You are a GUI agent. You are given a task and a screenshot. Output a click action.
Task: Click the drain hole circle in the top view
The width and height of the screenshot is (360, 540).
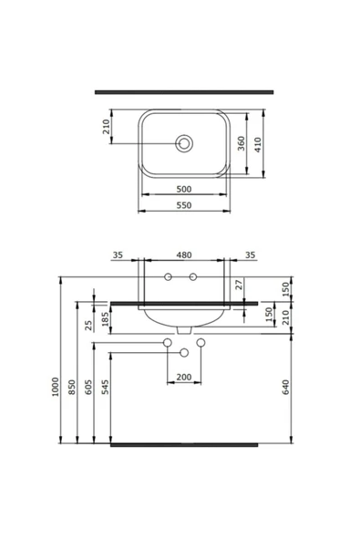(x=184, y=142)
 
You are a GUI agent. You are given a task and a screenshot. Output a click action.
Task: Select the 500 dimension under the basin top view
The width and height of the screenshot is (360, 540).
(x=184, y=190)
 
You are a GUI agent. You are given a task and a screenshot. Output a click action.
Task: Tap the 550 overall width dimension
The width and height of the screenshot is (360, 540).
(x=184, y=206)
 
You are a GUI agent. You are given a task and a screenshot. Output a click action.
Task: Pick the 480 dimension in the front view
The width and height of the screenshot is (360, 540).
(x=184, y=255)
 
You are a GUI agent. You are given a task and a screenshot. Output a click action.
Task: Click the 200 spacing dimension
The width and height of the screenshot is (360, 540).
(x=184, y=377)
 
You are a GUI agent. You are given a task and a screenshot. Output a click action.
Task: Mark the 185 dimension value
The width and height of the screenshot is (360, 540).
(x=106, y=318)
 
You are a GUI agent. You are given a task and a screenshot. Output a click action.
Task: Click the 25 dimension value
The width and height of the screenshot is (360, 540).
(x=89, y=325)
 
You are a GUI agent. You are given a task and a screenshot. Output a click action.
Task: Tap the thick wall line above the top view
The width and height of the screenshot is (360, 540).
(x=184, y=92)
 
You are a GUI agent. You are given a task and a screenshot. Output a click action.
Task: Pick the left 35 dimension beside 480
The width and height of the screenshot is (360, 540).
(x=118, y=255)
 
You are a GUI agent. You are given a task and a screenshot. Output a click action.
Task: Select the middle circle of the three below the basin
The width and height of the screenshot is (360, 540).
(x=184, y=351)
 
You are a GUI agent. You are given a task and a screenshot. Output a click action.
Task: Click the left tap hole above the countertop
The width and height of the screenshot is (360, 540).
(x=169, y=276)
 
